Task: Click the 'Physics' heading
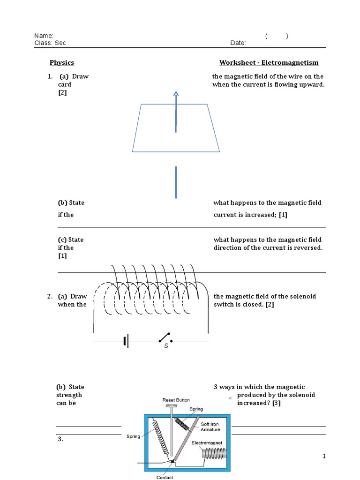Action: (x=62, y=63)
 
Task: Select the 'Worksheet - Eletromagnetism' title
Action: (x=269, y=63)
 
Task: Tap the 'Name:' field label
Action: (x=44, y=36)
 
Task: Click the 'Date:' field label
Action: (x=238, y=43)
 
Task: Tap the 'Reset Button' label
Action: (x=176, y=400)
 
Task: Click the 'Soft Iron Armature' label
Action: (x=210, y=427)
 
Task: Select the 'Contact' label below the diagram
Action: (x=165, y=477)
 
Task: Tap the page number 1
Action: (x=324, y=457)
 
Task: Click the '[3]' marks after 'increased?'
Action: (x=276, y=403)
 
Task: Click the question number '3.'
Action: (x=60, y=439)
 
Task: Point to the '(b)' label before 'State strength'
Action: (x=61, y=387)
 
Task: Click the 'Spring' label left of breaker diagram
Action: (x=133, y=436)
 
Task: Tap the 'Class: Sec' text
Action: (x=50, y=43)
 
